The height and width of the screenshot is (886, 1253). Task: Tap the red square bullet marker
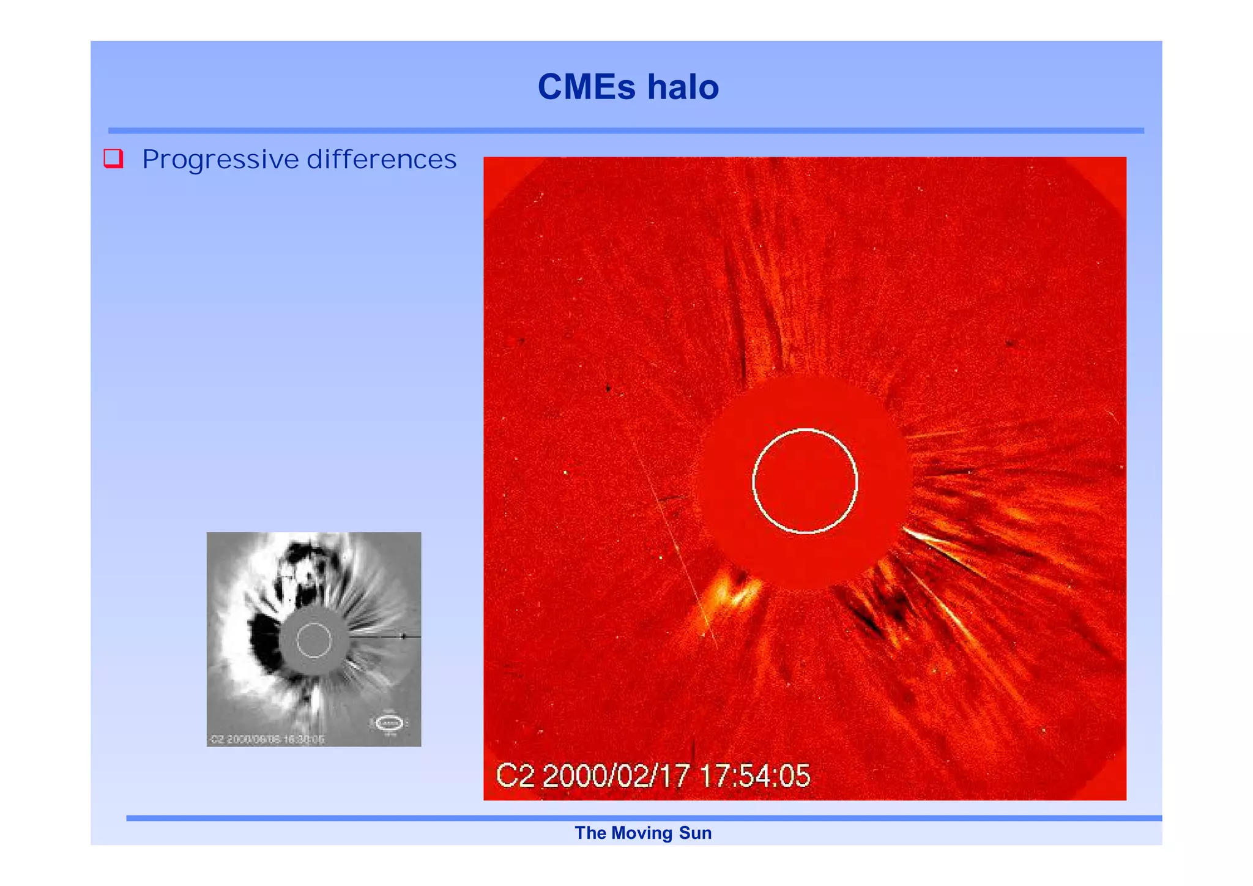click(x=113, y=158)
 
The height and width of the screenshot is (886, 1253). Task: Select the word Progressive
click(x=220, y=160)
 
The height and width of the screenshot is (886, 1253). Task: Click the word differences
click(x=381, y=160)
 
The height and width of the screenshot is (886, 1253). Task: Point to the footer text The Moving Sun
click(x=642, y=833)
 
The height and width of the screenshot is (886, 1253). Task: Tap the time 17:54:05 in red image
click(x=754, y=776)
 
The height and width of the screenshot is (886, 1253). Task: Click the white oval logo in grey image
click(x=389, y=723)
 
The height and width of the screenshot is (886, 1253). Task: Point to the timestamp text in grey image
click(x=267, y=739)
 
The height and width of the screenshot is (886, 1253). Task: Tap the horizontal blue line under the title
click(x=625, y=130)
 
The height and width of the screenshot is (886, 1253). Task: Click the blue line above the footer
click(x=642, y=818)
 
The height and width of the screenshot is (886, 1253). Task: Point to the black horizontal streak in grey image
click(x=385, y=637)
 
